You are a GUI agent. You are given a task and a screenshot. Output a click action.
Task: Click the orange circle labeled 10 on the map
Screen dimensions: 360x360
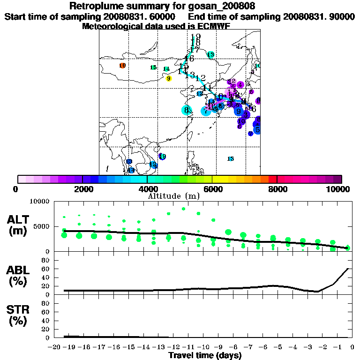[x=122, y=66]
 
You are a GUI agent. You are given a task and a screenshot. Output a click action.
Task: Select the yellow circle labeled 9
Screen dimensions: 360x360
[x=169, y=78]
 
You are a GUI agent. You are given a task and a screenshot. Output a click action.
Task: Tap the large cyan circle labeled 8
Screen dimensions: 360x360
[x=187, y=111]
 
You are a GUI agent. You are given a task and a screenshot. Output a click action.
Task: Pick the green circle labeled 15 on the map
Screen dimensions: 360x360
[x=153, y=67]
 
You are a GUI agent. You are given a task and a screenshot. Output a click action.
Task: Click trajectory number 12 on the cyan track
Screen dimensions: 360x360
[x=201, y=78]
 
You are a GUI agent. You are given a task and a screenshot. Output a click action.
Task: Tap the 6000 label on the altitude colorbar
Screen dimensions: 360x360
[x=212, y=189]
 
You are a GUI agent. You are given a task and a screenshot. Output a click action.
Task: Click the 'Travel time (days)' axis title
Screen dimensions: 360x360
[x=205, y=356]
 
